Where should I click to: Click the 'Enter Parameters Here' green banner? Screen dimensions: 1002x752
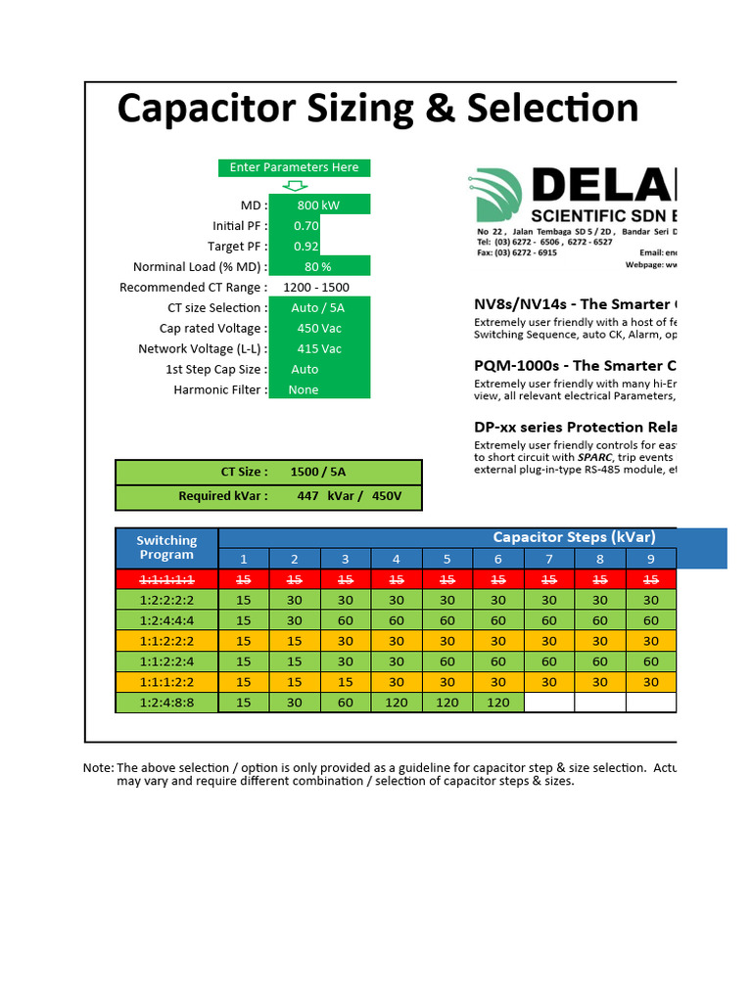pyautogui.click(x=294, y=167)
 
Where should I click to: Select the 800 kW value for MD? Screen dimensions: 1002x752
pyautogui.click(x=317, y=205)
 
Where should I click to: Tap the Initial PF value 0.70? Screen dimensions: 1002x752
pyautogui.click(x=305, y=226)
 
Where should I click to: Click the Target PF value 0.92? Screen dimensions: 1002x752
pyautogui.click(x=305, y=247)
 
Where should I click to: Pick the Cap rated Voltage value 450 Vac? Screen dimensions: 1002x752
pyautogui.click(x=319, y=329)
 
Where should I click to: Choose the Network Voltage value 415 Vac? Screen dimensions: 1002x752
pyautogui.click(x=319, y=349)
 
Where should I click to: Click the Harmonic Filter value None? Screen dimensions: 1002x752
pyautogui.click(x=304, y=389)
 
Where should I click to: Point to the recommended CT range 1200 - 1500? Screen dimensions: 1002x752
pyautogui.click(x=315, y=288)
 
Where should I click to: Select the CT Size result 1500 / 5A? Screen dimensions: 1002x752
pyautogui.click(x=317, y=472)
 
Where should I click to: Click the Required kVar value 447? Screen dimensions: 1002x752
pyautogui.click(x=307, y=496)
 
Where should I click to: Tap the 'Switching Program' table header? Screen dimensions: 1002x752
pyautogui.click(x=166, y=547)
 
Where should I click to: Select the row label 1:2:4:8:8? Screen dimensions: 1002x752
pyautogui.click(x=166, y=703)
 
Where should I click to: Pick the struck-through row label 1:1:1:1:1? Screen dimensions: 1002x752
pyautogui.click(x=166, y=579)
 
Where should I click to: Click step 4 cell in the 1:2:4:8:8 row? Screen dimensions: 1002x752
pyautogui.click(x=397, y=703)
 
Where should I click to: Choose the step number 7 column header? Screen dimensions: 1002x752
pyautogui.click(x=549, y=559)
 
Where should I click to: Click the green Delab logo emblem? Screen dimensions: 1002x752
pyautogui.click(x=499, y=196)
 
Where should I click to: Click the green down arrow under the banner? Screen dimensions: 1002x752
pyautogui.click(x=294, y=185)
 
